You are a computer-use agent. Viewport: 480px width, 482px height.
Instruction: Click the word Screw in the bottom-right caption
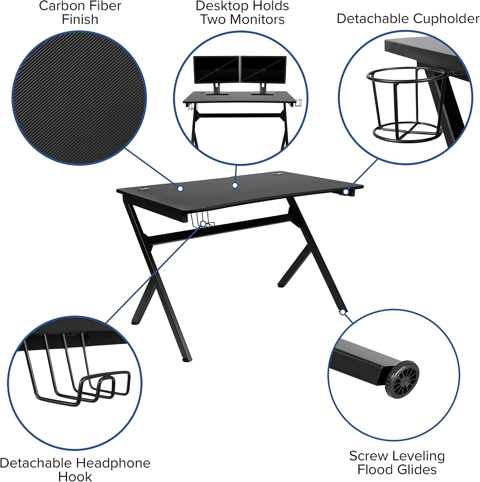coord(369,456)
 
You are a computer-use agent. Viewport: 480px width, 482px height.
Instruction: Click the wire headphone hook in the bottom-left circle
coord(77,370)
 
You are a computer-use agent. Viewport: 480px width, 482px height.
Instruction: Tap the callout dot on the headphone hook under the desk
coord(203,224)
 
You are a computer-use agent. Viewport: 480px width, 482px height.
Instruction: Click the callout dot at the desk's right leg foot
coord(343,312)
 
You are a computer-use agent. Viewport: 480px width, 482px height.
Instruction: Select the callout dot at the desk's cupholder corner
coord(346,192)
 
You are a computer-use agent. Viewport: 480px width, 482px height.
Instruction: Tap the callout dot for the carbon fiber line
coord(180,189)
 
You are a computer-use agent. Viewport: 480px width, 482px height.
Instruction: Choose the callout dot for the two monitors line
coord(235,185)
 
